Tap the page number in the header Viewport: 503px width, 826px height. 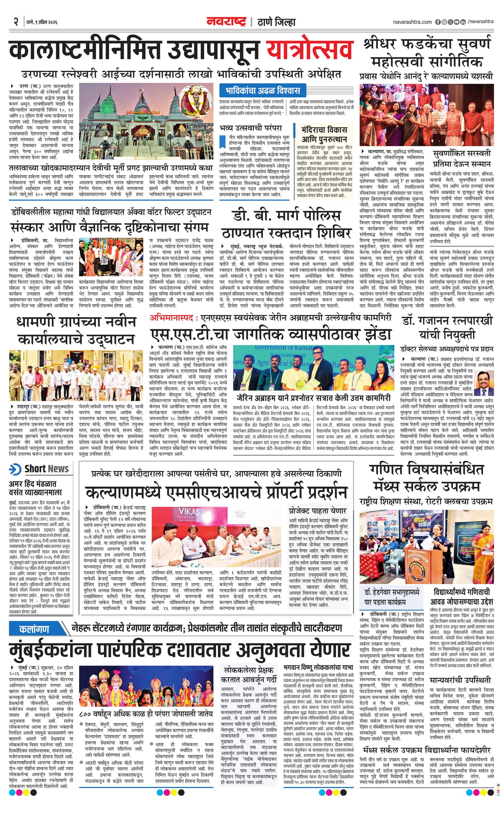click(15, 22)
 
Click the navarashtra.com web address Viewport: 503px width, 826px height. click(412, 22)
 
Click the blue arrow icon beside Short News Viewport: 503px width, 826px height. click(15, 469)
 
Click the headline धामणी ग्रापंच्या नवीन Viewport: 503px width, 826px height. click(76, 322)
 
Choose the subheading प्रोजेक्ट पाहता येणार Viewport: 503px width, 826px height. click(317, 511)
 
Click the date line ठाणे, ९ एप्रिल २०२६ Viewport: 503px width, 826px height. click(42, 22)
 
